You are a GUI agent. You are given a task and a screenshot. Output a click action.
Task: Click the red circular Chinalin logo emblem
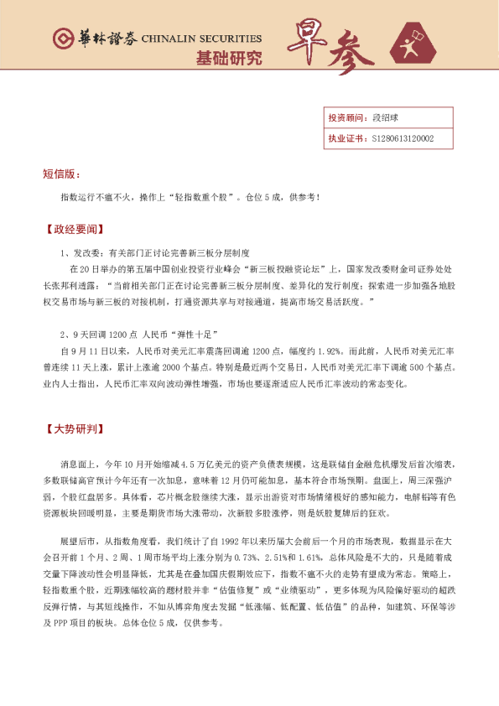pyautogui.click(x=61, y=39)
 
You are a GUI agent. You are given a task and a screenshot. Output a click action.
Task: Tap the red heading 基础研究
pyautogui.click(x=228, y=59)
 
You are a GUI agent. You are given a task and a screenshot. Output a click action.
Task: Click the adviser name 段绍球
pyautogui.click(x=382, y=118)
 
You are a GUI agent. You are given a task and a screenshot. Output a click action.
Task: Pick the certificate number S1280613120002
pyautogui.click(x=402, y=138)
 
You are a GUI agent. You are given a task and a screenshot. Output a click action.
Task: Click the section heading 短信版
pyautogui.click(x=61, y=174)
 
